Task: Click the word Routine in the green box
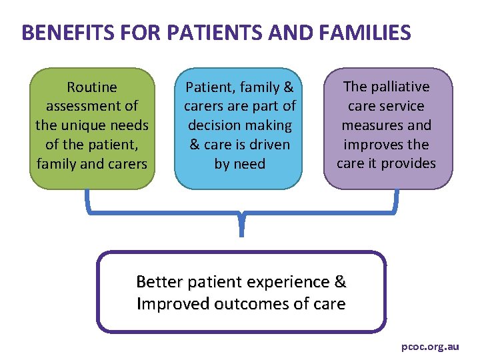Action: coord(92,87)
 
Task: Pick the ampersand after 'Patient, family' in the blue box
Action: coord(289,87)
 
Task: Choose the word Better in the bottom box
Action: coord(159,282)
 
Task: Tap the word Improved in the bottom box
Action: coord(171,305)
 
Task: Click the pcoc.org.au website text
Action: coord(430,347)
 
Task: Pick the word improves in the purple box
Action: coord(373,144)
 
